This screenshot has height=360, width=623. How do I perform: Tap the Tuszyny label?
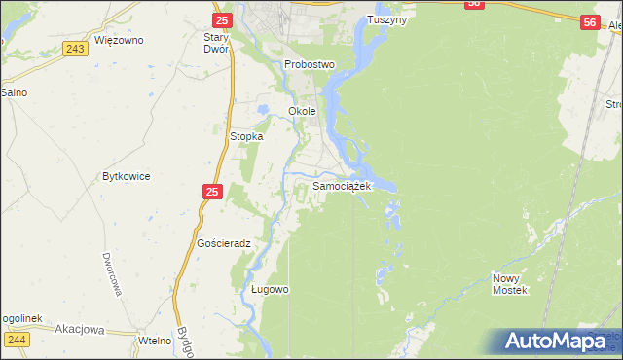[387, 19]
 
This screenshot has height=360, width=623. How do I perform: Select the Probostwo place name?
[310, 64]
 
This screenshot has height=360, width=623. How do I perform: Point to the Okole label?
[303, 111]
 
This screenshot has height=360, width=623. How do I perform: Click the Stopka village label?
[246, 137]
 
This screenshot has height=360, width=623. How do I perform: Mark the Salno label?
[13, 92]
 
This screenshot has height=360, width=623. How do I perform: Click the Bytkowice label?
[126, 177]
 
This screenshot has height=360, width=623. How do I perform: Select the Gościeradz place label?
[224, 243]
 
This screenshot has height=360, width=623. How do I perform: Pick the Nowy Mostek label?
[509, 284]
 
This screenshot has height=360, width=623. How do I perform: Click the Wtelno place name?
[155, 340]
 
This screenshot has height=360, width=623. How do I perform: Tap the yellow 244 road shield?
[17, 339]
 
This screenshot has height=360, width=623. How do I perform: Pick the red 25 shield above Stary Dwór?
[222, 19]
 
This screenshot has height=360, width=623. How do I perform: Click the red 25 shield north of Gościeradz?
[214, 193]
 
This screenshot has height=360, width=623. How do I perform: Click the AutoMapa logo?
[556, 341]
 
